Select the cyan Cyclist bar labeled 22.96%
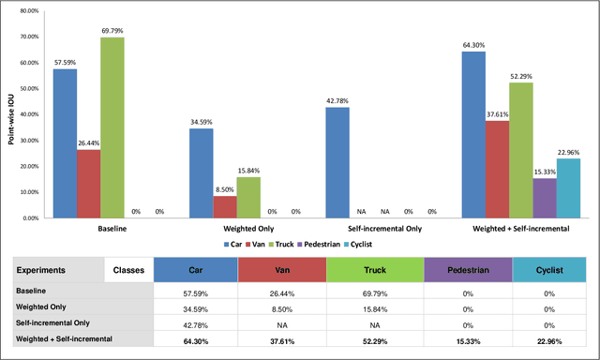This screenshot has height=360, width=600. pos(568,187)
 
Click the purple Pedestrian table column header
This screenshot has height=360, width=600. pos(467,270)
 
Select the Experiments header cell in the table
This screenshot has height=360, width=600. pos(56,270)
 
